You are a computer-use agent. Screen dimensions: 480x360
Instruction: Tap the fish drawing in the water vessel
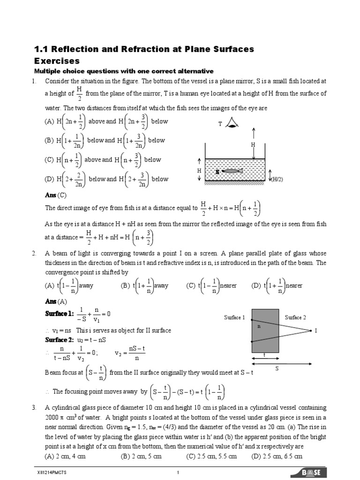click(x=232, y=172)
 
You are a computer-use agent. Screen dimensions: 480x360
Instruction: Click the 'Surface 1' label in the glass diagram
click(x=234, y=317)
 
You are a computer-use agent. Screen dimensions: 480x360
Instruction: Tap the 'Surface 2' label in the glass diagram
click(x=295, y=317)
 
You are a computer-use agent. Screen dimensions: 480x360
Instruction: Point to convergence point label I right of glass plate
click(x=316, y=331)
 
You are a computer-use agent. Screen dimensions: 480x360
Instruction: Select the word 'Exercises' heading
click(x=57, y=61)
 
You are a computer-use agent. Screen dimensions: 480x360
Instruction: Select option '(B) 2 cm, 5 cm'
click(x=141, y=456)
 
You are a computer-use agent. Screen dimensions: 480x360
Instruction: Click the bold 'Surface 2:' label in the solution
click(x=60, y=339)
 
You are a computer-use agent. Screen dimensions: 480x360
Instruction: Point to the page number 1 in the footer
click(x=178, y=472)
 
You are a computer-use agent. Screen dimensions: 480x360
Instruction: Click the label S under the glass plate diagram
click(x=277, y=368)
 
